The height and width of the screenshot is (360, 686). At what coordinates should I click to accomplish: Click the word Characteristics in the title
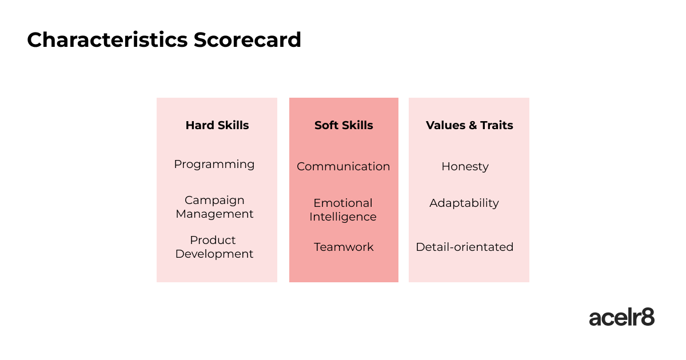tap(107, 40)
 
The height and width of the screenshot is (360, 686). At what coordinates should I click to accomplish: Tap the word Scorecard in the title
tap(248, 40)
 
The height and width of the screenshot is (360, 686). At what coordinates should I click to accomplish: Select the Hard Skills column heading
tap(217, 125)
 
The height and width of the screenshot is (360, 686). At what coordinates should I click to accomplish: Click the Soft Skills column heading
tap(344, 125)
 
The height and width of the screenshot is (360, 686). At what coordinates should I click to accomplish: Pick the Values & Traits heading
tap(469, 125)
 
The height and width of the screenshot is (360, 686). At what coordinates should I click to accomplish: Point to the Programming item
tap(214, 165)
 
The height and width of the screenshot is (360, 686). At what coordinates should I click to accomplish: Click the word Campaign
tap(214, 201)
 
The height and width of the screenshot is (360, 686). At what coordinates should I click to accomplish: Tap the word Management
tap(214, 214)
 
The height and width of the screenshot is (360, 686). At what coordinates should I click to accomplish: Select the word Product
tap(213, 240)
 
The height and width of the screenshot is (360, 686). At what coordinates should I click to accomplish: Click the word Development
tap(214, 254)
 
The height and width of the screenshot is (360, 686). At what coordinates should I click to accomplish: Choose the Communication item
tap(344, 166)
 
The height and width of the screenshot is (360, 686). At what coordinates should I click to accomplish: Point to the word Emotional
tap(343, 203)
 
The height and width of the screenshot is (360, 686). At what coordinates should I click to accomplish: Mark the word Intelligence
tap(342, 217)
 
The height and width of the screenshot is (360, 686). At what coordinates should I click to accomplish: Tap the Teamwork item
tap(344, 247)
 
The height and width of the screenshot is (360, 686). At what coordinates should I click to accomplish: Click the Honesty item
tap(465, 167)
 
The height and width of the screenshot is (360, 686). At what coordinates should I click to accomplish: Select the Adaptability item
tap(464, 203)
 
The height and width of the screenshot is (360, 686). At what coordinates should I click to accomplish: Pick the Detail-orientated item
tap(465, 247)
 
